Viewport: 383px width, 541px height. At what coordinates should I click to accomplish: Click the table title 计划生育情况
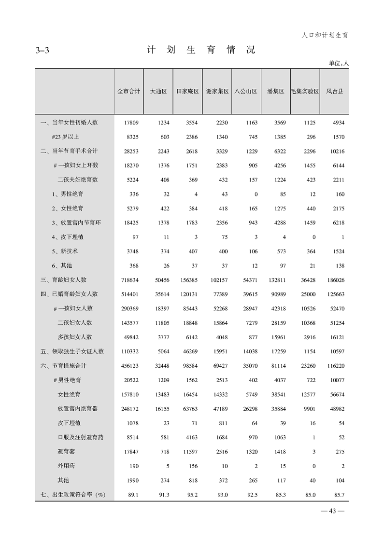tap(200, 50)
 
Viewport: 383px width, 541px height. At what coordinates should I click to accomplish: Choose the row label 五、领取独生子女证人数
tap(72, 351)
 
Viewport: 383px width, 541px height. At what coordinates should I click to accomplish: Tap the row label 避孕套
tap(66, 452)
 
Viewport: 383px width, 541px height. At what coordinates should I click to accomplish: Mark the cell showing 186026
tap(335, 280)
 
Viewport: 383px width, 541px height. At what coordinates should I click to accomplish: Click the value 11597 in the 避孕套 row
tap(189, 452)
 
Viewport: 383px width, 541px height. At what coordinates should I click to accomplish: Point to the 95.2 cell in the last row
tap(192, 495)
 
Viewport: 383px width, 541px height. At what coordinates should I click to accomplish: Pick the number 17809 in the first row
tap(131, 123)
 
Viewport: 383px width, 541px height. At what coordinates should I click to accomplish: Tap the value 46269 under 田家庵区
tap(189, 351)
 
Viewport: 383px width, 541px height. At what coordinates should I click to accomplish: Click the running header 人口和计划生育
tap(325, 35)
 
